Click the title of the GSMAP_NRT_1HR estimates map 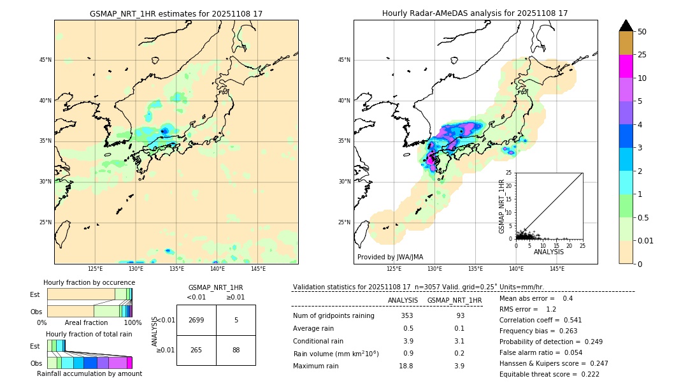pyautogui.click(x=176, y=13)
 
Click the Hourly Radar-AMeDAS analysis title pyautogui.click(x=475, y=13)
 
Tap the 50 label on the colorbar pyautogui.click(x=642, y=32)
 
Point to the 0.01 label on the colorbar pyautogui.click(x=646, y=240)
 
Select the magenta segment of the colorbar pyautogui.click(x=626, y=66)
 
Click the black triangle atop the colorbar pyautogui.click(x=626, y=25)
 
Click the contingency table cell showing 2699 pyautogui.click(x=196, y=320)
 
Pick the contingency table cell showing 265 pyautogui.click(x=196, y=350)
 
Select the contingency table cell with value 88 pyautogui.click(x=236, y=350)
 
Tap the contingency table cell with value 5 pyautogui.click(x=236, y=320)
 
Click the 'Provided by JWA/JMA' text pyautogui.click(x=390, y=257)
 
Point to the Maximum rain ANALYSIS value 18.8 pyautogui.click(x=406, y=366)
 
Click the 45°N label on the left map pyautogui.click(x=45, y=60)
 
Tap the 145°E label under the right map pyautogui.click(x=557, y=269)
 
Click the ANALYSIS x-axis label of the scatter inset pyautogui.click(x=548, y=252)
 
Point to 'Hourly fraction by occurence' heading pyautogui.click(x=89, y=282)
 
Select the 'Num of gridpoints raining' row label pyautogui.click(x=334, y=316)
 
